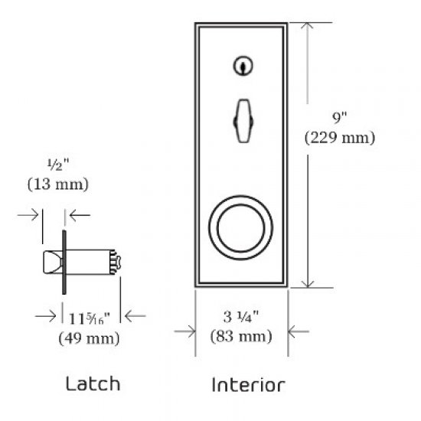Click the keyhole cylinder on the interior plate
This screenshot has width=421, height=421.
coord(242,68)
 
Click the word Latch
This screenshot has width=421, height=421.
coord(93,383)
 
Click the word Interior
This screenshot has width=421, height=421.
coord(248,384)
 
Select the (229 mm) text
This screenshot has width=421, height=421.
coord(338,139)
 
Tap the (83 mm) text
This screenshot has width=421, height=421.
coord(241,335)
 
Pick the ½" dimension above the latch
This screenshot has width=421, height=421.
coord(58,165)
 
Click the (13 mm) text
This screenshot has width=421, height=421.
coord(57,184)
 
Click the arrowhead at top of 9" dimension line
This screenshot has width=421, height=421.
coord(308,27)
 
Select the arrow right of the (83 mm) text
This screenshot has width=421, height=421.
coord(299,331)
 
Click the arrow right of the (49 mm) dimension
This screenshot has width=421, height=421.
coord(134,314)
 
